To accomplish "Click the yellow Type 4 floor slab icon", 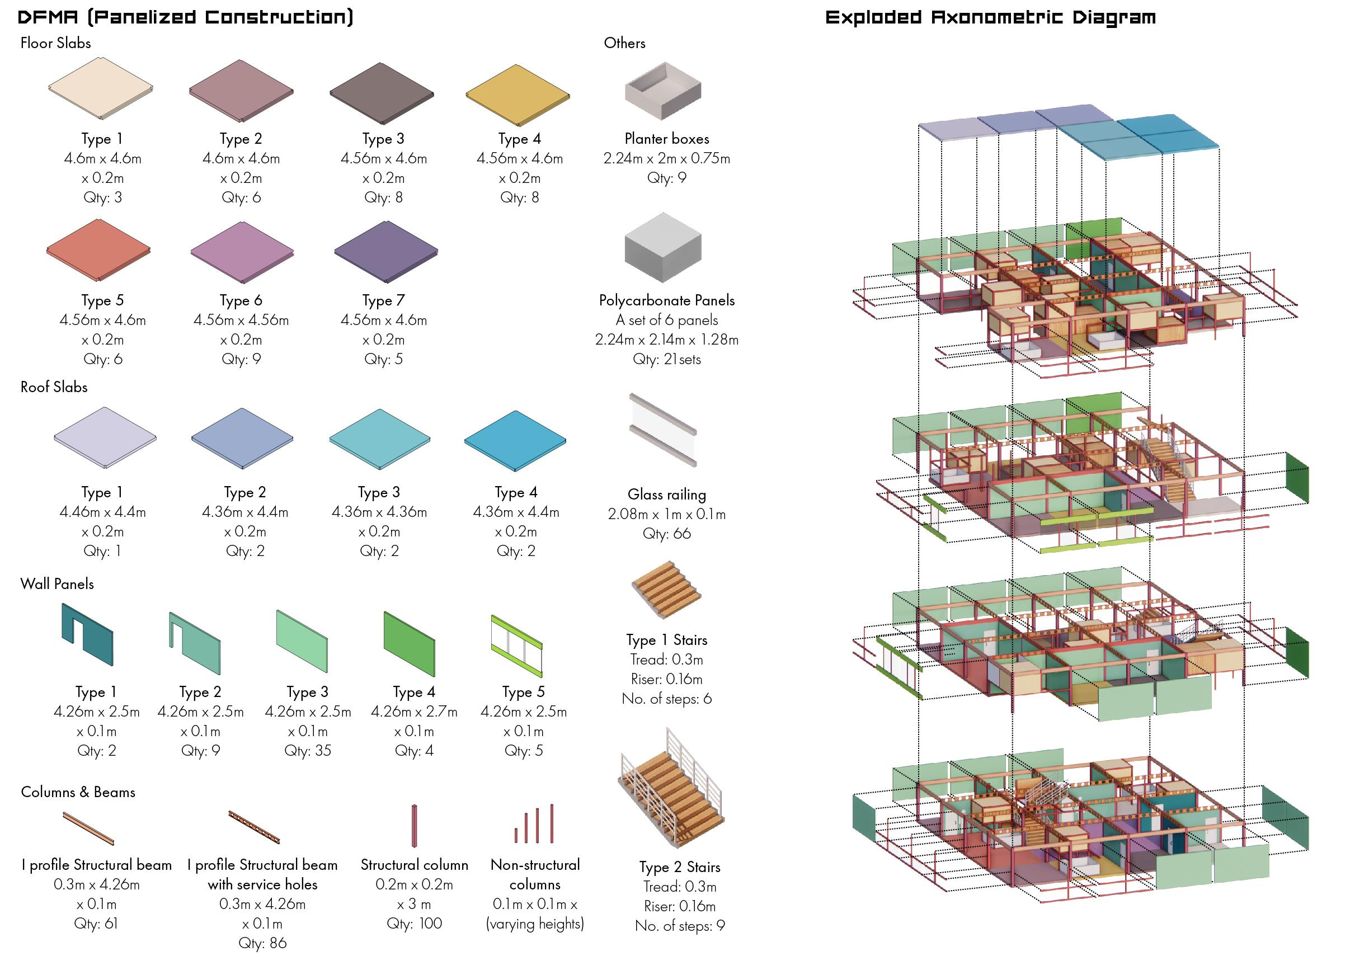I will tap(518, 95).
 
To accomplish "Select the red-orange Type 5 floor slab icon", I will tap(98, 249).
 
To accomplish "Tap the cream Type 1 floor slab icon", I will tap(101, 88).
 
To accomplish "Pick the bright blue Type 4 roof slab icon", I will tap(515, 440).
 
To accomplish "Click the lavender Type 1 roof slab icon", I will tap(105, 437).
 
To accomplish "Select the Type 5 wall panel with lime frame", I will tap(516, 646).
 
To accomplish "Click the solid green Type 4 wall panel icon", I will tap(409, 643).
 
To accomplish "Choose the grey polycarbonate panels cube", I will tap(663, 247).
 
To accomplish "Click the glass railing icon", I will tap(663, 430).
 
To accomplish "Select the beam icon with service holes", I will tap(254, 826).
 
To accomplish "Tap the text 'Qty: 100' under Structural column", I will tap(414, 923).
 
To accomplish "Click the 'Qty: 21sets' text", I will tap(666, 359).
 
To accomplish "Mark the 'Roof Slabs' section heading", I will tap(54, 387).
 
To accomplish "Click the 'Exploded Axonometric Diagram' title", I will tap(990, 17).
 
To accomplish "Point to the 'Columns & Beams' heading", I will tap(78, 792).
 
